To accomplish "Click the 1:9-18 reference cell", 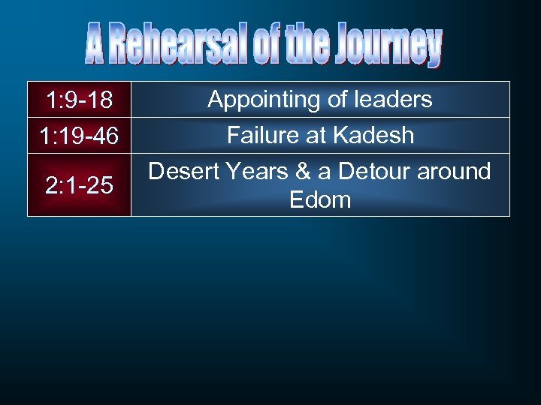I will (79, 100).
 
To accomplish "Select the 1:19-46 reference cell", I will (79, 136).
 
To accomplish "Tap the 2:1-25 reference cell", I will (79, 185).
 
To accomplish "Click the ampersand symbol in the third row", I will (303, 172).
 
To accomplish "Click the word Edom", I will (320, 199).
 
